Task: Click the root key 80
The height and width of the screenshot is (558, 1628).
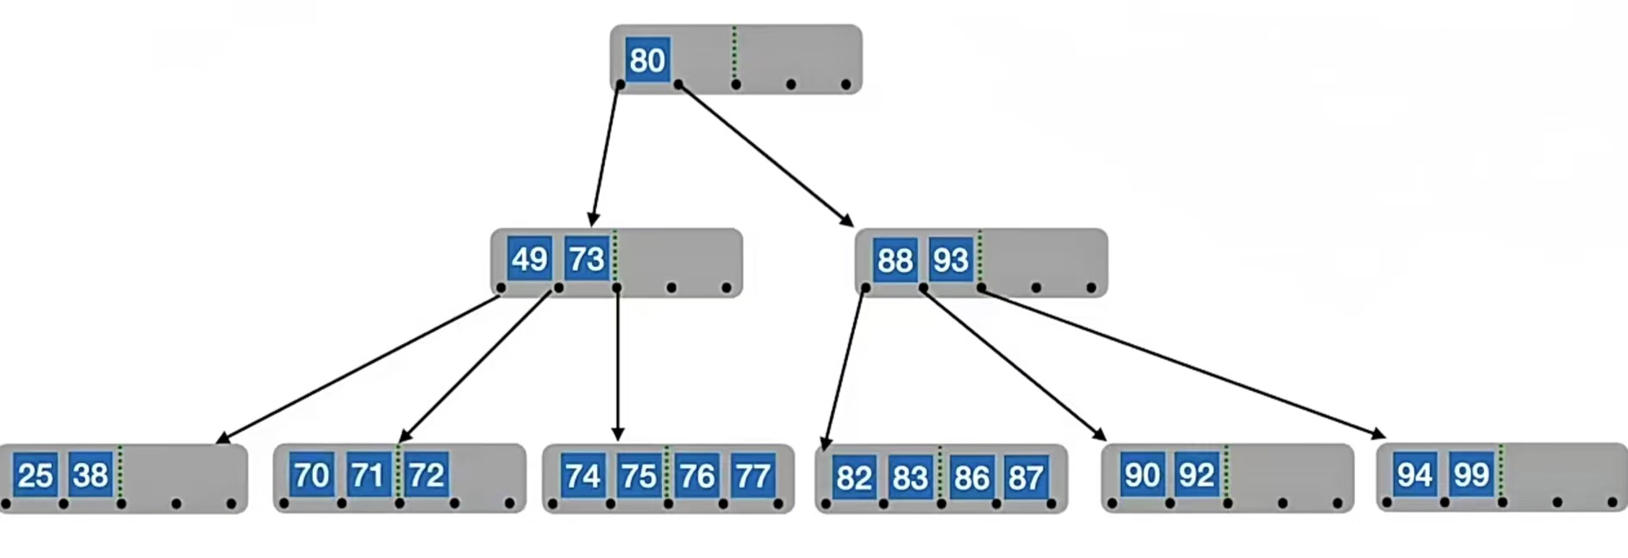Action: [x=647, y=60]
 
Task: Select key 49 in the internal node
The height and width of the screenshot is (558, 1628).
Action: [x=529, y=258]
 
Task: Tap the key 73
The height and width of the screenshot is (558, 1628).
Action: [x=587, y=258]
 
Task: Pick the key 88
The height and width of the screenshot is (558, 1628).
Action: [x=895, y=259]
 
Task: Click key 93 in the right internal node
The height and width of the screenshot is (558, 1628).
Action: [x=951, y=259]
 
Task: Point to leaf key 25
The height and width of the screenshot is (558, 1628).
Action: [x=35, y=474]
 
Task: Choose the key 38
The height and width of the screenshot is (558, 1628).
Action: [x=90, y=474]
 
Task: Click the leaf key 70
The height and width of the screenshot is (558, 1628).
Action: [x=311, y=474]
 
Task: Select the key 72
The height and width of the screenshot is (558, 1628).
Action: [x=426, y=474]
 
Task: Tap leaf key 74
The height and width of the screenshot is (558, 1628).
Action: [x=583, y=476]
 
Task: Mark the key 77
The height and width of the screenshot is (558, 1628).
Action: [x=752, y=476]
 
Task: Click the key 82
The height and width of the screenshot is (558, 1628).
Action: [x=854, y=477]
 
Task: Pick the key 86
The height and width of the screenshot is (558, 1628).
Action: [x=971, y=477]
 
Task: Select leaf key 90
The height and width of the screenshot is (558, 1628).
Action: [x=1142, y=474]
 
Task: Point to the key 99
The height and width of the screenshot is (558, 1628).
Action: [x=1470, y=474]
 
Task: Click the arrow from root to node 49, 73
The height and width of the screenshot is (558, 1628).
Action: [x=605, y=155]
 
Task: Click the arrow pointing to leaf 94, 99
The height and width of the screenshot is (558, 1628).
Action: [x=1181, y=363]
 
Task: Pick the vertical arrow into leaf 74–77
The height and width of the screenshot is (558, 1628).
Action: [x=617, y=362]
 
